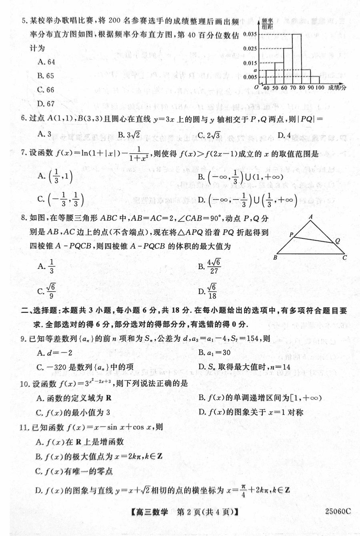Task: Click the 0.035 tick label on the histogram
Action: tap(250, 34)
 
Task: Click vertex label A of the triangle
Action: tap(311, 217)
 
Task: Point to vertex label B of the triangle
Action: tap(275, 258)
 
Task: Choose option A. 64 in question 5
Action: tap(46, 62)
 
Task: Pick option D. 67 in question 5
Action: tap(46, 104)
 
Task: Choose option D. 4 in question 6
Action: tap(284, 134)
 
